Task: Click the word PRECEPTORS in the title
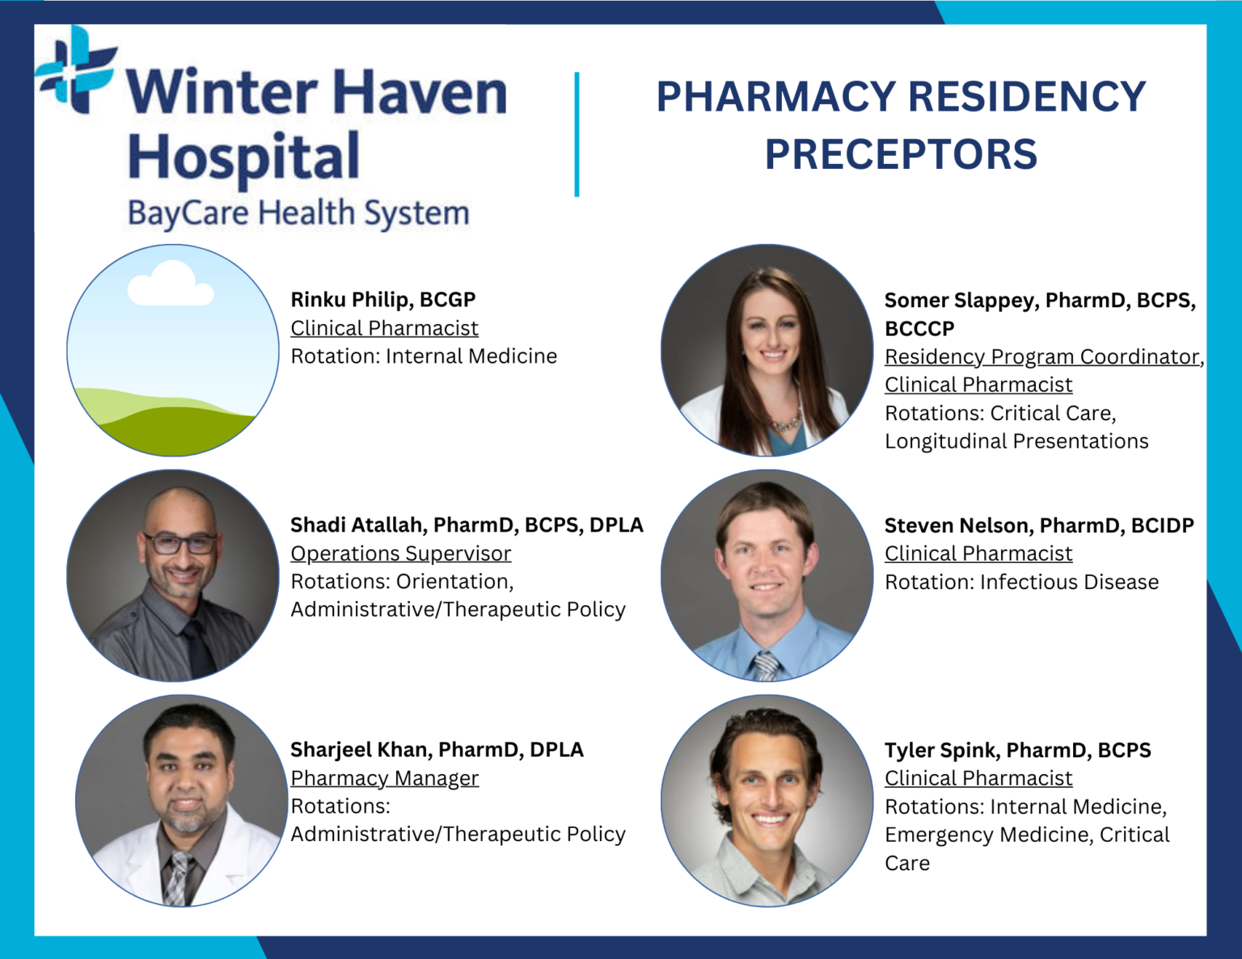click(x=901, y=154)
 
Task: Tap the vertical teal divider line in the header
click(x=577, y=134)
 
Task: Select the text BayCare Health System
click(x=298, y=213)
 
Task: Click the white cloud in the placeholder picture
click(x=171, y=284)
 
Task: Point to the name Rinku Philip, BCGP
click(x=383, y=300)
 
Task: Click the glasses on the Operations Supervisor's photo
click(x=181, y=543)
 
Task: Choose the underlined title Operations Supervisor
click(x=401, y=553)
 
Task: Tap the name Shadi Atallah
click(x=357, y=525)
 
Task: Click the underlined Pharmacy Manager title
click(x=385, y=778)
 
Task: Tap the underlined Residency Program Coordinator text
click(x=1041, y=357)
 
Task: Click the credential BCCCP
click(x=919, y=329)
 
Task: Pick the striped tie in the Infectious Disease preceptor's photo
click(x=765, y=666)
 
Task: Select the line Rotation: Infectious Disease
click(x=1021, y=582)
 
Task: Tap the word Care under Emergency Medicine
click(x=907, y=863)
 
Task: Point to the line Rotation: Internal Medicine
click(x=424, y=356)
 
